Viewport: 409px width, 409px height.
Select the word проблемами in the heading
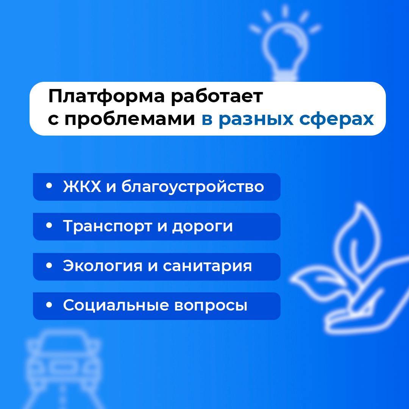(x=130, y=120)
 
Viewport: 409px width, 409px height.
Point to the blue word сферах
(x=337, y=119)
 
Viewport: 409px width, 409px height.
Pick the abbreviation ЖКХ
(x=82, y=186)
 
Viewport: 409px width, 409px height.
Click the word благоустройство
(x=192, y=187)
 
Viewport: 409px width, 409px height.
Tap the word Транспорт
(x=108, y=226)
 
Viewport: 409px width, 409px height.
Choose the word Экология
(x=103, y=266)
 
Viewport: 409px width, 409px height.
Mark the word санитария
(x=208, y=267)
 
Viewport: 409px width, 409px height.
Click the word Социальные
(x=116, y=305)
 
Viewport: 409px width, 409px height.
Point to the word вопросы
(x=211, y=306)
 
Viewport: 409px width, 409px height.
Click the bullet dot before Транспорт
(x=49, y=226)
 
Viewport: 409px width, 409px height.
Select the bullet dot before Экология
(x=49, y=265)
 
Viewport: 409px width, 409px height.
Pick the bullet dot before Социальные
(x=49, y=304)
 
